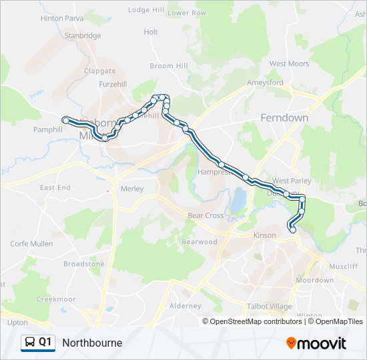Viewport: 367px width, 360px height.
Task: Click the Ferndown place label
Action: coord(284,118)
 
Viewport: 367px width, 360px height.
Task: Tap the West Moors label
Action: coord(289,64)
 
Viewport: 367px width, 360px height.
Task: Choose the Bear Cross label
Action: coord(205,215)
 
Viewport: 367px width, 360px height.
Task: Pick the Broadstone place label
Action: coord(84,264)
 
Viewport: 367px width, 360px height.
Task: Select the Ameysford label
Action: coord(266,83)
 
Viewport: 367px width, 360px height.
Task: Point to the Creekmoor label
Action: coord(55,299)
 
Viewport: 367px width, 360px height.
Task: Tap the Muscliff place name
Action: coord(343,266)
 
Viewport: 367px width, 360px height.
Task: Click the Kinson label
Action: coord(264,235)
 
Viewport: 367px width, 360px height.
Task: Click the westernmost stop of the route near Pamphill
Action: coord(65,120)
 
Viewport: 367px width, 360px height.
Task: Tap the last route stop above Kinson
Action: coord(292,230)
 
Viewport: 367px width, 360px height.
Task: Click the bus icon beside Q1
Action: coord(29,343)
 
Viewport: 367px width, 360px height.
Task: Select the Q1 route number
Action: coord(45,343)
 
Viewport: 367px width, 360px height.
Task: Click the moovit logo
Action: coord(316,343)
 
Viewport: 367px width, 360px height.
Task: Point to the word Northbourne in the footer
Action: coord(92,343)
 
